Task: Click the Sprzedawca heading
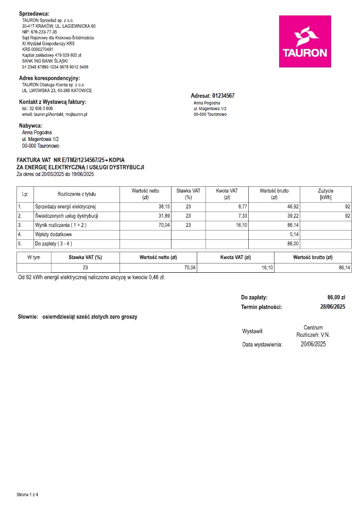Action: (x=34, y=13)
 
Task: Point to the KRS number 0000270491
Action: (x=35, y=49)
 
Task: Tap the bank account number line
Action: (x=55, y=67)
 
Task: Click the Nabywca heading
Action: (x=31, y=126)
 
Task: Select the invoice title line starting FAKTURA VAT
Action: (x=71, y=161)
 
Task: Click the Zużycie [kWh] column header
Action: (x=325, y=194)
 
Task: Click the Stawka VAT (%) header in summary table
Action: (x=85, y=257)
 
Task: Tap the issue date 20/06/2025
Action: (x=313, y=344)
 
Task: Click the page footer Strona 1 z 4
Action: (x=28, y=495)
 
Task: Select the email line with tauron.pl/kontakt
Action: (x=55, y=114)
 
